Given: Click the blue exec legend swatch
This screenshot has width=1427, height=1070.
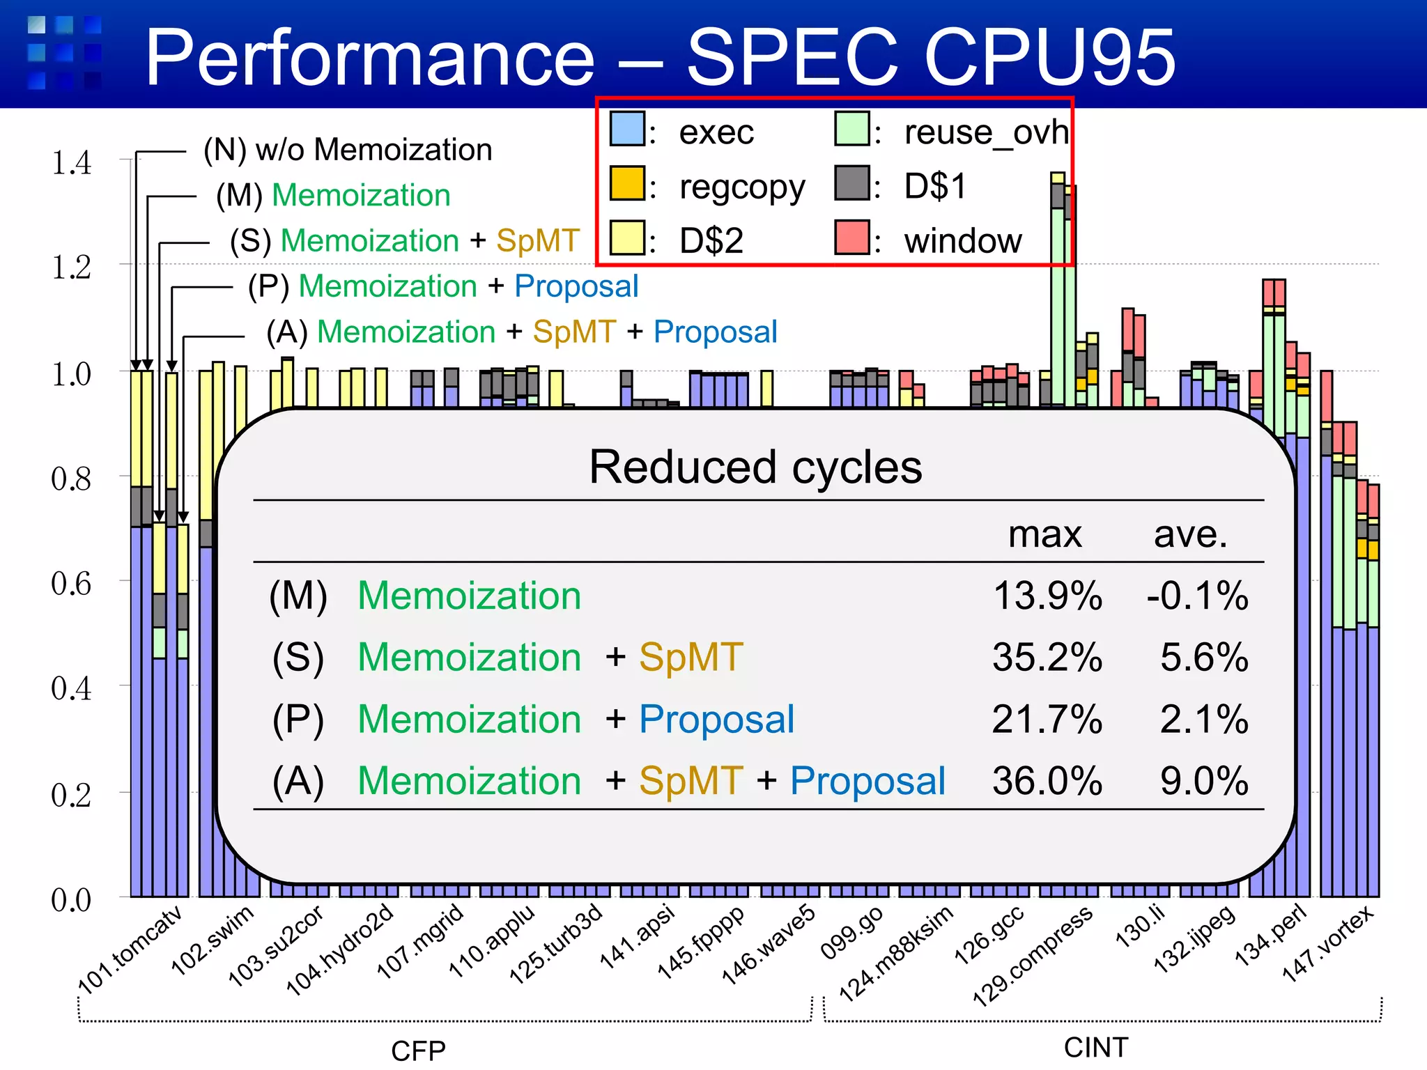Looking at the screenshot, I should pos(626,129).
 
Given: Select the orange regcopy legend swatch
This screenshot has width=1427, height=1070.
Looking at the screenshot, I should pos(626,183).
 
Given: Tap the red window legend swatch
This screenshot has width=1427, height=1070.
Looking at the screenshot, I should pos(851,238).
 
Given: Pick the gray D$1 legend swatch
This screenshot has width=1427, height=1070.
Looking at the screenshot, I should pos(851,183).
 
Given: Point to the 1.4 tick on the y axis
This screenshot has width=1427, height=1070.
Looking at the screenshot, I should pos(71,163).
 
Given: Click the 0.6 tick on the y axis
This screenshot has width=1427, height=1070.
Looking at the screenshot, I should pos(71,584).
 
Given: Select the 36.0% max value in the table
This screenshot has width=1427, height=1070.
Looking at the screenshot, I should pos(1047,781).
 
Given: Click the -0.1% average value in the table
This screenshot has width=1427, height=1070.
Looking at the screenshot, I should pos(1197,596).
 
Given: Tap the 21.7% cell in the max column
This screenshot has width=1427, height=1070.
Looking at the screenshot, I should pos(1047,720).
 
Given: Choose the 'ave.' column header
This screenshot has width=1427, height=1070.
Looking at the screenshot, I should pos(1190,535).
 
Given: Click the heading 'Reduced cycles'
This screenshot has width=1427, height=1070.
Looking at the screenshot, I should pos(755,467).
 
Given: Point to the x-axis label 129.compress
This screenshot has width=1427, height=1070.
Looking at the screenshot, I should pos(1033,957).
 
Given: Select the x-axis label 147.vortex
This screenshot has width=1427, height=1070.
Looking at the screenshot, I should pos(1328,943).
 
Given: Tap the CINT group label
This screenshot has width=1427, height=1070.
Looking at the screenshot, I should pos(1095,1048).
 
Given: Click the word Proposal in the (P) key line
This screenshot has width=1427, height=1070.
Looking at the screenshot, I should pos(576,286).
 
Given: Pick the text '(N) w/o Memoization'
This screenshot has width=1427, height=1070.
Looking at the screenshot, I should pos(348,150).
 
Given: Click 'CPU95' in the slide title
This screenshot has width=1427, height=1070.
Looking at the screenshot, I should pos(1049,57).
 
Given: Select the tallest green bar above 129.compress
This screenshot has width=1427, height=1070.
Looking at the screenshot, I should pos(1057,307).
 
